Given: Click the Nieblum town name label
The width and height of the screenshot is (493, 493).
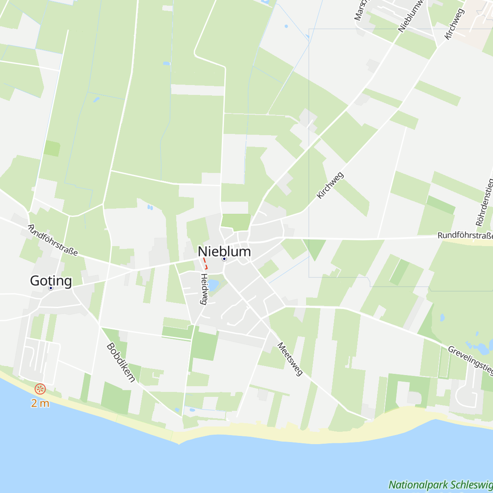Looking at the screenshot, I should pos(224,251).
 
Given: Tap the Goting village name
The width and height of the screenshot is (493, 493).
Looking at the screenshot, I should pos(51,281).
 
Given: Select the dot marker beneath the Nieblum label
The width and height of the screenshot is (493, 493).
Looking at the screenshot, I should pos(224,259).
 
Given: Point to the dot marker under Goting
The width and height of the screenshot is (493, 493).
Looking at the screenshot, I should pos(51,288).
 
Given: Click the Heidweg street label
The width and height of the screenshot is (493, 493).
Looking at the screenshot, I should pos(203,289).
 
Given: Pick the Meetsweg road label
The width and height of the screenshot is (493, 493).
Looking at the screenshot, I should pos(290,359).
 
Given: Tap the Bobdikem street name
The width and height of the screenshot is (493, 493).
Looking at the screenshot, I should pos(121,363).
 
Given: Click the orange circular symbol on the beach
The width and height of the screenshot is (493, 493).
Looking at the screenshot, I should pos(40,389).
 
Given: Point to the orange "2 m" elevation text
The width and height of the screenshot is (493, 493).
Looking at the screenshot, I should pos(40,403).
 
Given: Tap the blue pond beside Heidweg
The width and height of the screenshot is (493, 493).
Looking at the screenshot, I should pos(213,285).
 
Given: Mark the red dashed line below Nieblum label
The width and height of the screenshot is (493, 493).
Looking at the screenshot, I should pos(205,263).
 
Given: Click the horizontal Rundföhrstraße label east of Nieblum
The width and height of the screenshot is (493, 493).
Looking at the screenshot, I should pos(465,236).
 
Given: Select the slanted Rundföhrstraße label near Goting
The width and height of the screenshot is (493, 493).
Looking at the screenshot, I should pos(53,240).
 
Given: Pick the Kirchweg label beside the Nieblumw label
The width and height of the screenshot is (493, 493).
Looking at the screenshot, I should pos(454,24).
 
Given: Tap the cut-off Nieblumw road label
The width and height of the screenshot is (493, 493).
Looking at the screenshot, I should pos(412,16).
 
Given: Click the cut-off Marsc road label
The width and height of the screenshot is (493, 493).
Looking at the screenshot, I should pos(360,11).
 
